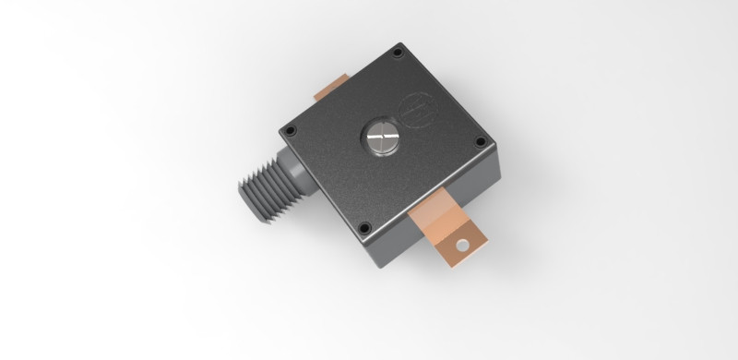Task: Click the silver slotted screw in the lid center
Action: tap(381, 139)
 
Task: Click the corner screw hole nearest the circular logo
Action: tap(399, 53)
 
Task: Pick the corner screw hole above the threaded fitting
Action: tap(288, 132)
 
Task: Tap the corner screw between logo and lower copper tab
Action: tap(481, 141)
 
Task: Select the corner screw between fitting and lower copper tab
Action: tap(364, 226)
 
